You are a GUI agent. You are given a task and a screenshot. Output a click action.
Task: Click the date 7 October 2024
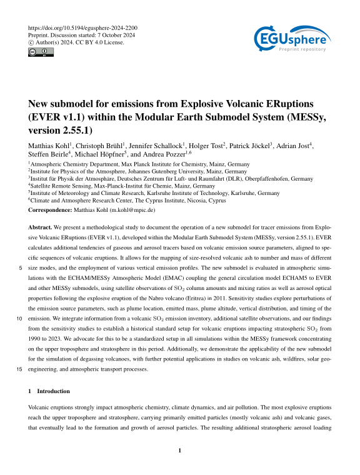pos(122,36)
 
